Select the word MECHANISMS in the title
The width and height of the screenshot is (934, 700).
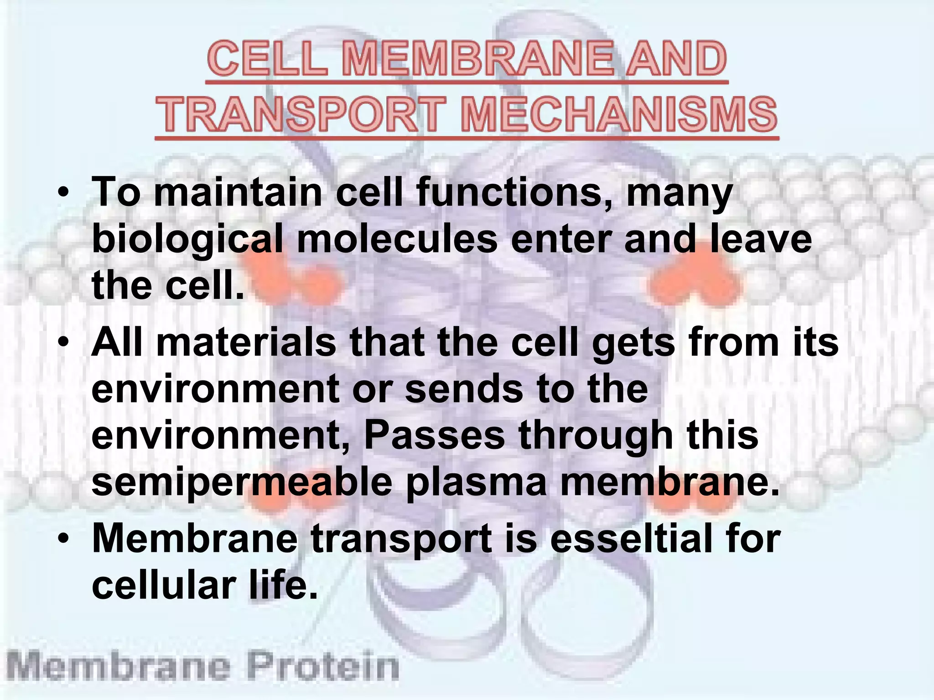point(618,114)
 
